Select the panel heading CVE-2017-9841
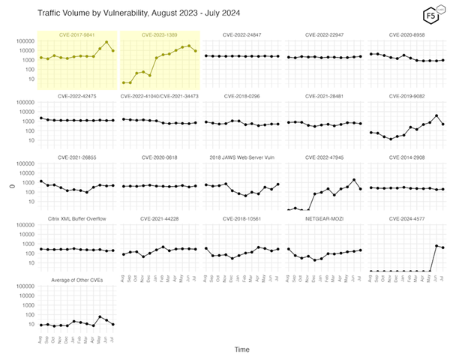[77, 35]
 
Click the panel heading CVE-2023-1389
[160, 35]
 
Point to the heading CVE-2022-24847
[242, 35]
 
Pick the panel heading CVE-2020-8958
[408, 35]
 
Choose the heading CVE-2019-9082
[408, 96]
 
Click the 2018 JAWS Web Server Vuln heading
[242, 157]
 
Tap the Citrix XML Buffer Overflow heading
[77, 218]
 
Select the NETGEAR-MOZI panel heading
[325, 218]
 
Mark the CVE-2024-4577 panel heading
[408, 218]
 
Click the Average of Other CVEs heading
[77, 280]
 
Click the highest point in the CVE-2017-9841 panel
[106, 42]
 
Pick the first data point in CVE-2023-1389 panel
[124, 82]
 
